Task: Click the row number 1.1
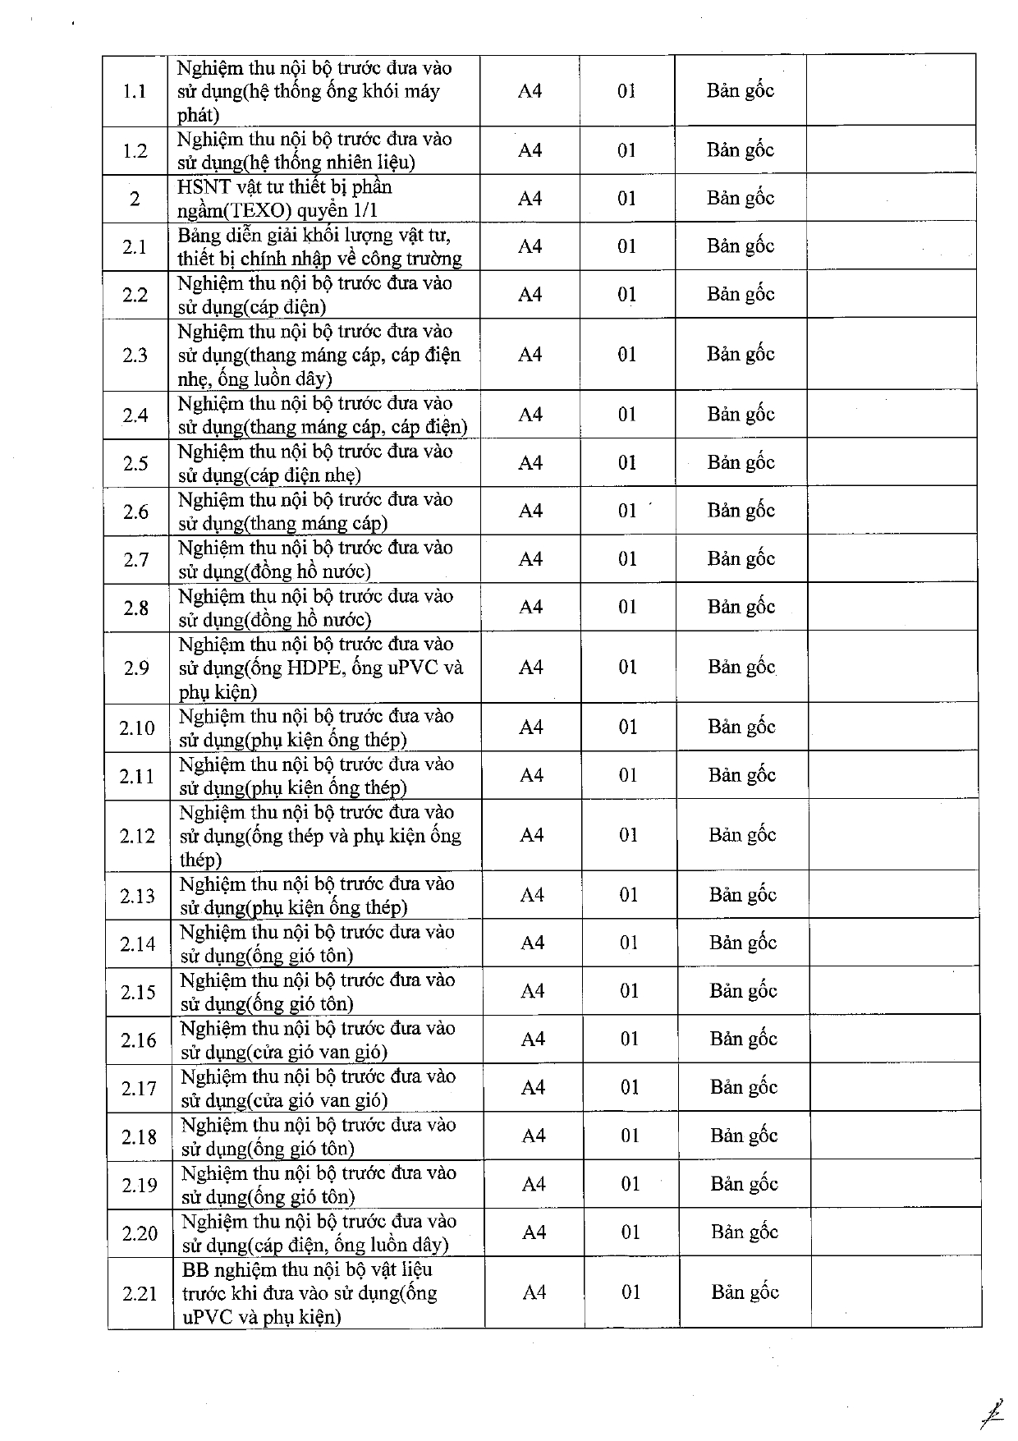[x=135, y=91]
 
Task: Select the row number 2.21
[x=140, y=1293]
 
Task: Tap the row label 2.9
[x=136, y=668]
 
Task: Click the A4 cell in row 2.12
[x=531, y=835]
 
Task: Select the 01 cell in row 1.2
[x=627, y=150]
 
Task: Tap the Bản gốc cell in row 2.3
[x=741, y=354]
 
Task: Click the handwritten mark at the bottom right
[x=993, y=1411]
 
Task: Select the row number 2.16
[x=138, y=1040]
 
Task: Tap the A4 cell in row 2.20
[x=534, y=1232]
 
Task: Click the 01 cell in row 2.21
[x=631, y=1292]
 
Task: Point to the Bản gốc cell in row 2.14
[x=743, y=943]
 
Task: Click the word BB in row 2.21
[x=195, y=1269]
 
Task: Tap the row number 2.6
[x=135, y=512]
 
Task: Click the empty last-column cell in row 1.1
[x=891, y=90]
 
